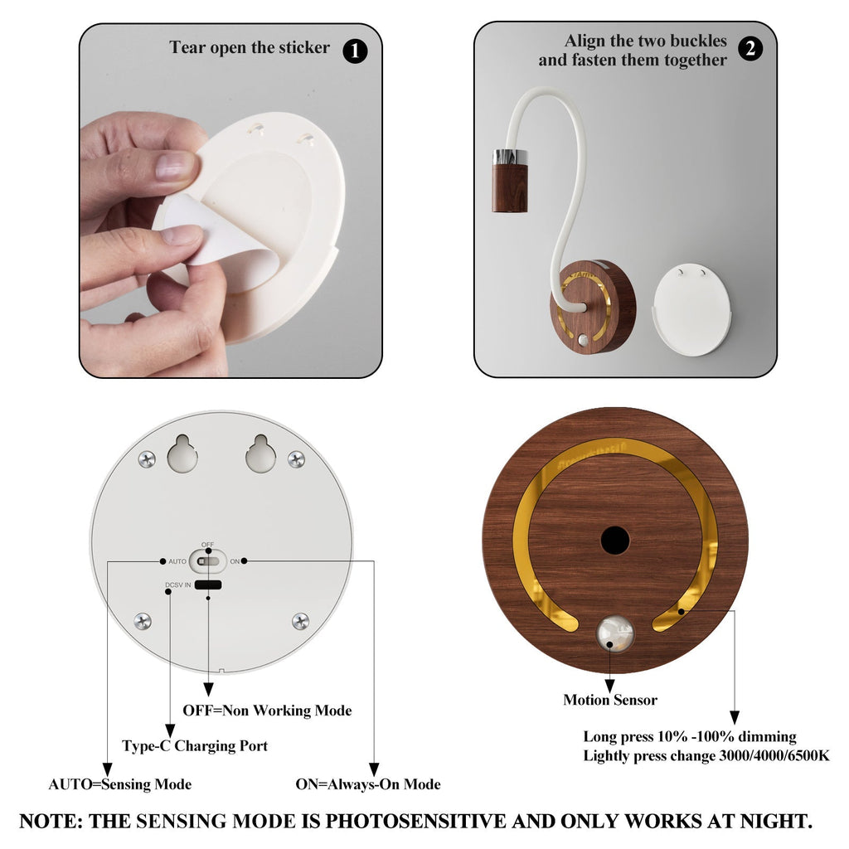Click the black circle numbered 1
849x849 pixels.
355,51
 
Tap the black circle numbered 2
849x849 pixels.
750,49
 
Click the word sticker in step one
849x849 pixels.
303,47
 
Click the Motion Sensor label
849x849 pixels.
610,700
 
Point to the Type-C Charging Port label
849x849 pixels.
195,745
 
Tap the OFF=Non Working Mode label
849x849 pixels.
268,711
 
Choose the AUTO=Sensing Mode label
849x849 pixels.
120,784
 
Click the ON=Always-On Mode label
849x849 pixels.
368,784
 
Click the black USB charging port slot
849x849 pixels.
208,585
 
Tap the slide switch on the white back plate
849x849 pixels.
208,561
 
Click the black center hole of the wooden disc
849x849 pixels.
615,541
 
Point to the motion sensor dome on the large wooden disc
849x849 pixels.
614,633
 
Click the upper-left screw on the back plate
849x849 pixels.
147,459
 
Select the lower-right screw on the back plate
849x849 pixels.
300,621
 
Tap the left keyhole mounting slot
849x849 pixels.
182,454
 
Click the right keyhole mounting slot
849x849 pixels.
261,454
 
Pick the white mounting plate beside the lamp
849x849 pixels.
692,309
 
